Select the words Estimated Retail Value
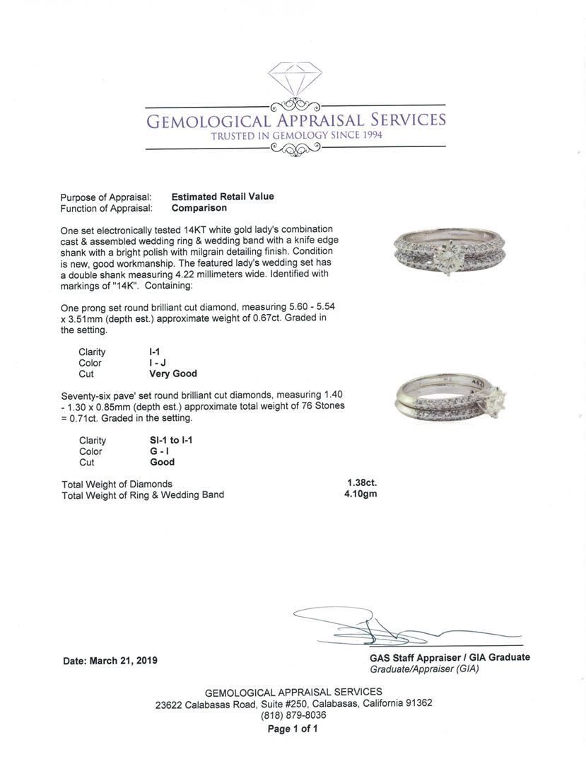coord(223,197)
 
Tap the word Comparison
coord(199,208)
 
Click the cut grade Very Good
coord(173,374)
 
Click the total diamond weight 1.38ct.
coord(362,483)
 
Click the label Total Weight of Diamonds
coord(117,484)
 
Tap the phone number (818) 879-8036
coord(293,715)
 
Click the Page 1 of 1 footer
coord(293,729)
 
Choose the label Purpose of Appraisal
coord(106,197)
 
